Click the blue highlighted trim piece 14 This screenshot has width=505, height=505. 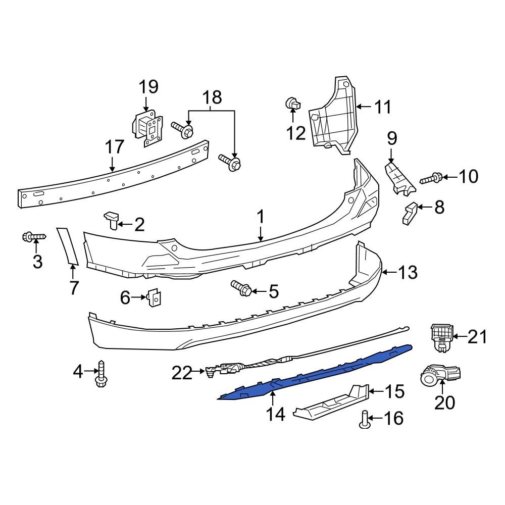point(313,374)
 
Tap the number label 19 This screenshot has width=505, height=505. point(148,87)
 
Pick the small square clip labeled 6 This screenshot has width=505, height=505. point(154,298)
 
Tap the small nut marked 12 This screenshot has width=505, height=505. point(292,104)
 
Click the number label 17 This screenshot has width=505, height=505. point(114,147)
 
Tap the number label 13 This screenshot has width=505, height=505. point(408,273)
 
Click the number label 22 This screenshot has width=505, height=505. point(182,373)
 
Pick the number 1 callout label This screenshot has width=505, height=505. point(261,218)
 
